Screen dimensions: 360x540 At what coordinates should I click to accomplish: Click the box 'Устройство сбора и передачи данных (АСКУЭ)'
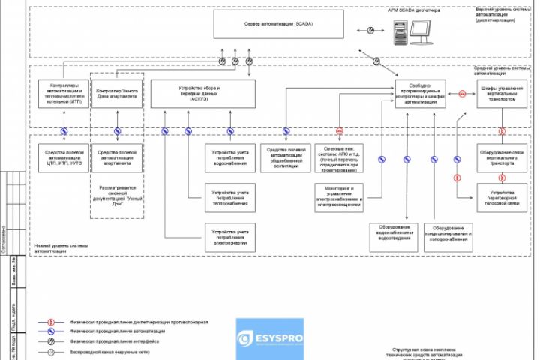click(199, 94)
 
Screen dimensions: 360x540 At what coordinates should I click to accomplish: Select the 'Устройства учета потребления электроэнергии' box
click(227, 236)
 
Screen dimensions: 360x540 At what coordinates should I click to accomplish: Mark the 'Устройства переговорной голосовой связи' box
click(501, 202)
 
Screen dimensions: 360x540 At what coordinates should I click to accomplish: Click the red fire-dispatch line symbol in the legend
click(51, 321)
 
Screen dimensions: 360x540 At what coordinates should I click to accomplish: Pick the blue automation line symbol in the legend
click(51, 331)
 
